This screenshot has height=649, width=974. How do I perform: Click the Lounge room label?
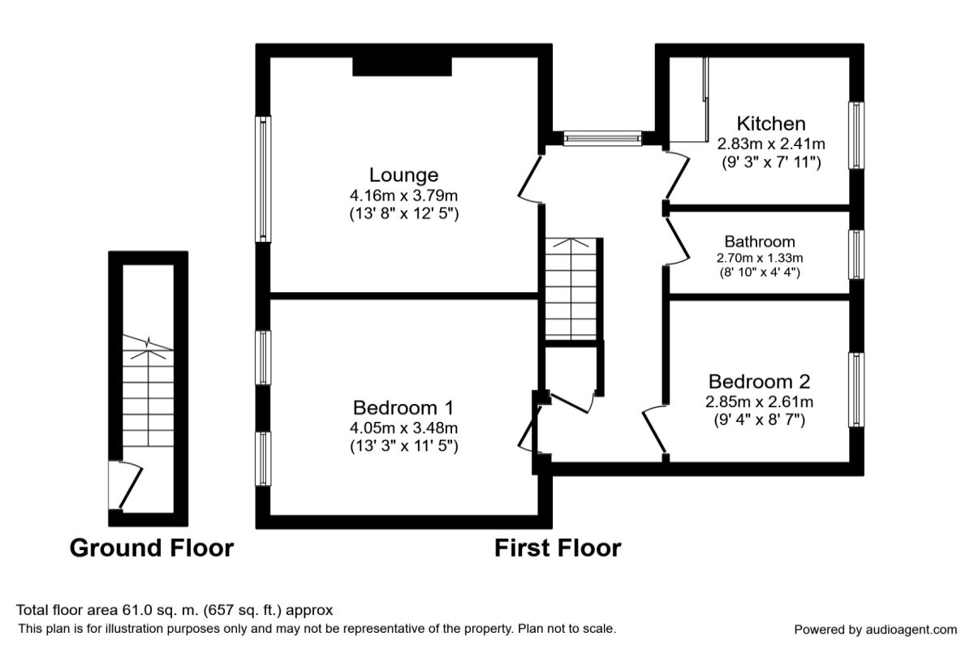coord(403,174)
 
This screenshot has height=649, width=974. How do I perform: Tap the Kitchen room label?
coord(770,123)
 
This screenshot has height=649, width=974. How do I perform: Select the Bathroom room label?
coord(759,242)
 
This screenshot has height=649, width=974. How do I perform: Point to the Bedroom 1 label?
coord(403,407)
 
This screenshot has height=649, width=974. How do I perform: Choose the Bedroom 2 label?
coord(760,381)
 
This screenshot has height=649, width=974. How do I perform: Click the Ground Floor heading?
coord(152,548)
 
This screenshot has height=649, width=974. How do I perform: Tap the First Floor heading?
coord(558,548)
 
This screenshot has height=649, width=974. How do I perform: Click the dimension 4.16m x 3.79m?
coord(403,196)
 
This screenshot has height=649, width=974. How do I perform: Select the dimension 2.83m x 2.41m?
coord(770,144)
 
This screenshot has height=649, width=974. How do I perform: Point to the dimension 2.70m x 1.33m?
coord(759,258)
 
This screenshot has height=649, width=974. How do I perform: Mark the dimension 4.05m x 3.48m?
coord(403,428)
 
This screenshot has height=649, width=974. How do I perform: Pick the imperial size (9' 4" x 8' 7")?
coord(760,419)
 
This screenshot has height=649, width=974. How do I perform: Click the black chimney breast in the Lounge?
coord(403,66)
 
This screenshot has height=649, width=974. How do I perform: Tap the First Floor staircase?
coord(572,289)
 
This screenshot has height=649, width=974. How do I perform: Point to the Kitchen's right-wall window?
coord(856,135)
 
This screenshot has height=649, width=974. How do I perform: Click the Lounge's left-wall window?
coord(264,178)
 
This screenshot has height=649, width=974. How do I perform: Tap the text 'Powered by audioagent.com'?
coord(875,630)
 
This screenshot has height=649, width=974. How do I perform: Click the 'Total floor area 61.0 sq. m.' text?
coord(175,610)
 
